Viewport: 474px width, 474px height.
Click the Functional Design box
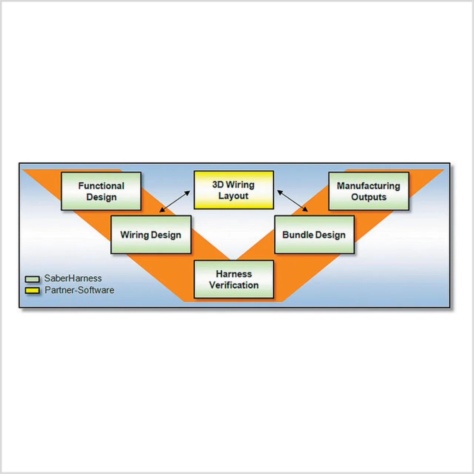coord(101,191)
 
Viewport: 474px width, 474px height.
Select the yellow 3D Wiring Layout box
coord(234,190)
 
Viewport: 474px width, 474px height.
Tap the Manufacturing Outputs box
coord(368,191)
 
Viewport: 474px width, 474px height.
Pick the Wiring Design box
coord(151,235)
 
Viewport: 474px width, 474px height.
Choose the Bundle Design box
coord(314,235)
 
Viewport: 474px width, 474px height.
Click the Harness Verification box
coord(234,279)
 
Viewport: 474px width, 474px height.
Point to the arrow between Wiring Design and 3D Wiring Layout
coord(174,202)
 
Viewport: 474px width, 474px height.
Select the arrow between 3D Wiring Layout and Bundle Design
coord(293,201)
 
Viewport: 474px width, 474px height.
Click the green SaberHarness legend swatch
coord(32,279)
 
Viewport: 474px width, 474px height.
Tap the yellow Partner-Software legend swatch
coord(32,290)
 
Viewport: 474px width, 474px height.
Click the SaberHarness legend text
coord(73,278)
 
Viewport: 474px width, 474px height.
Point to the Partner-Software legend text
coord(79,290)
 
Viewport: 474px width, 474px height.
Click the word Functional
coord(101,186)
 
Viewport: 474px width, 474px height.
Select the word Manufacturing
coord(368,186)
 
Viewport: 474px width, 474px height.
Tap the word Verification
coord(234,285)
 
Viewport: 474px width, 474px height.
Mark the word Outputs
coord(368,197)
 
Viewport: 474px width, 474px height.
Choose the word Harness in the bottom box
coord(234,274)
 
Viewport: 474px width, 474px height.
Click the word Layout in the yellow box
coord(233,196)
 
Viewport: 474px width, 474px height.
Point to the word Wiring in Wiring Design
coord(134,235)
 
